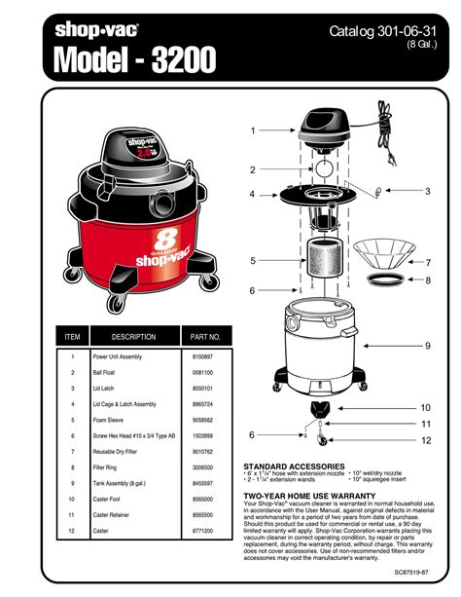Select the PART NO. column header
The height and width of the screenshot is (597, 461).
[205, 337]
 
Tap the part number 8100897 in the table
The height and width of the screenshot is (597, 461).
[202, 357]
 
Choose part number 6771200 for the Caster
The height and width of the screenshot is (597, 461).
[202, 530]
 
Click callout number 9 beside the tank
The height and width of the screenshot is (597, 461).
[426, 346]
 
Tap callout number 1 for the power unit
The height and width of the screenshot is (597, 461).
[252, 130]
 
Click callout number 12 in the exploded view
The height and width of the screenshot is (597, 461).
[426, 440]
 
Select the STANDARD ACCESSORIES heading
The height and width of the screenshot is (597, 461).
[290, 466]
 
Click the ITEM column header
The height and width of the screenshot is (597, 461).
[72, 337]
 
